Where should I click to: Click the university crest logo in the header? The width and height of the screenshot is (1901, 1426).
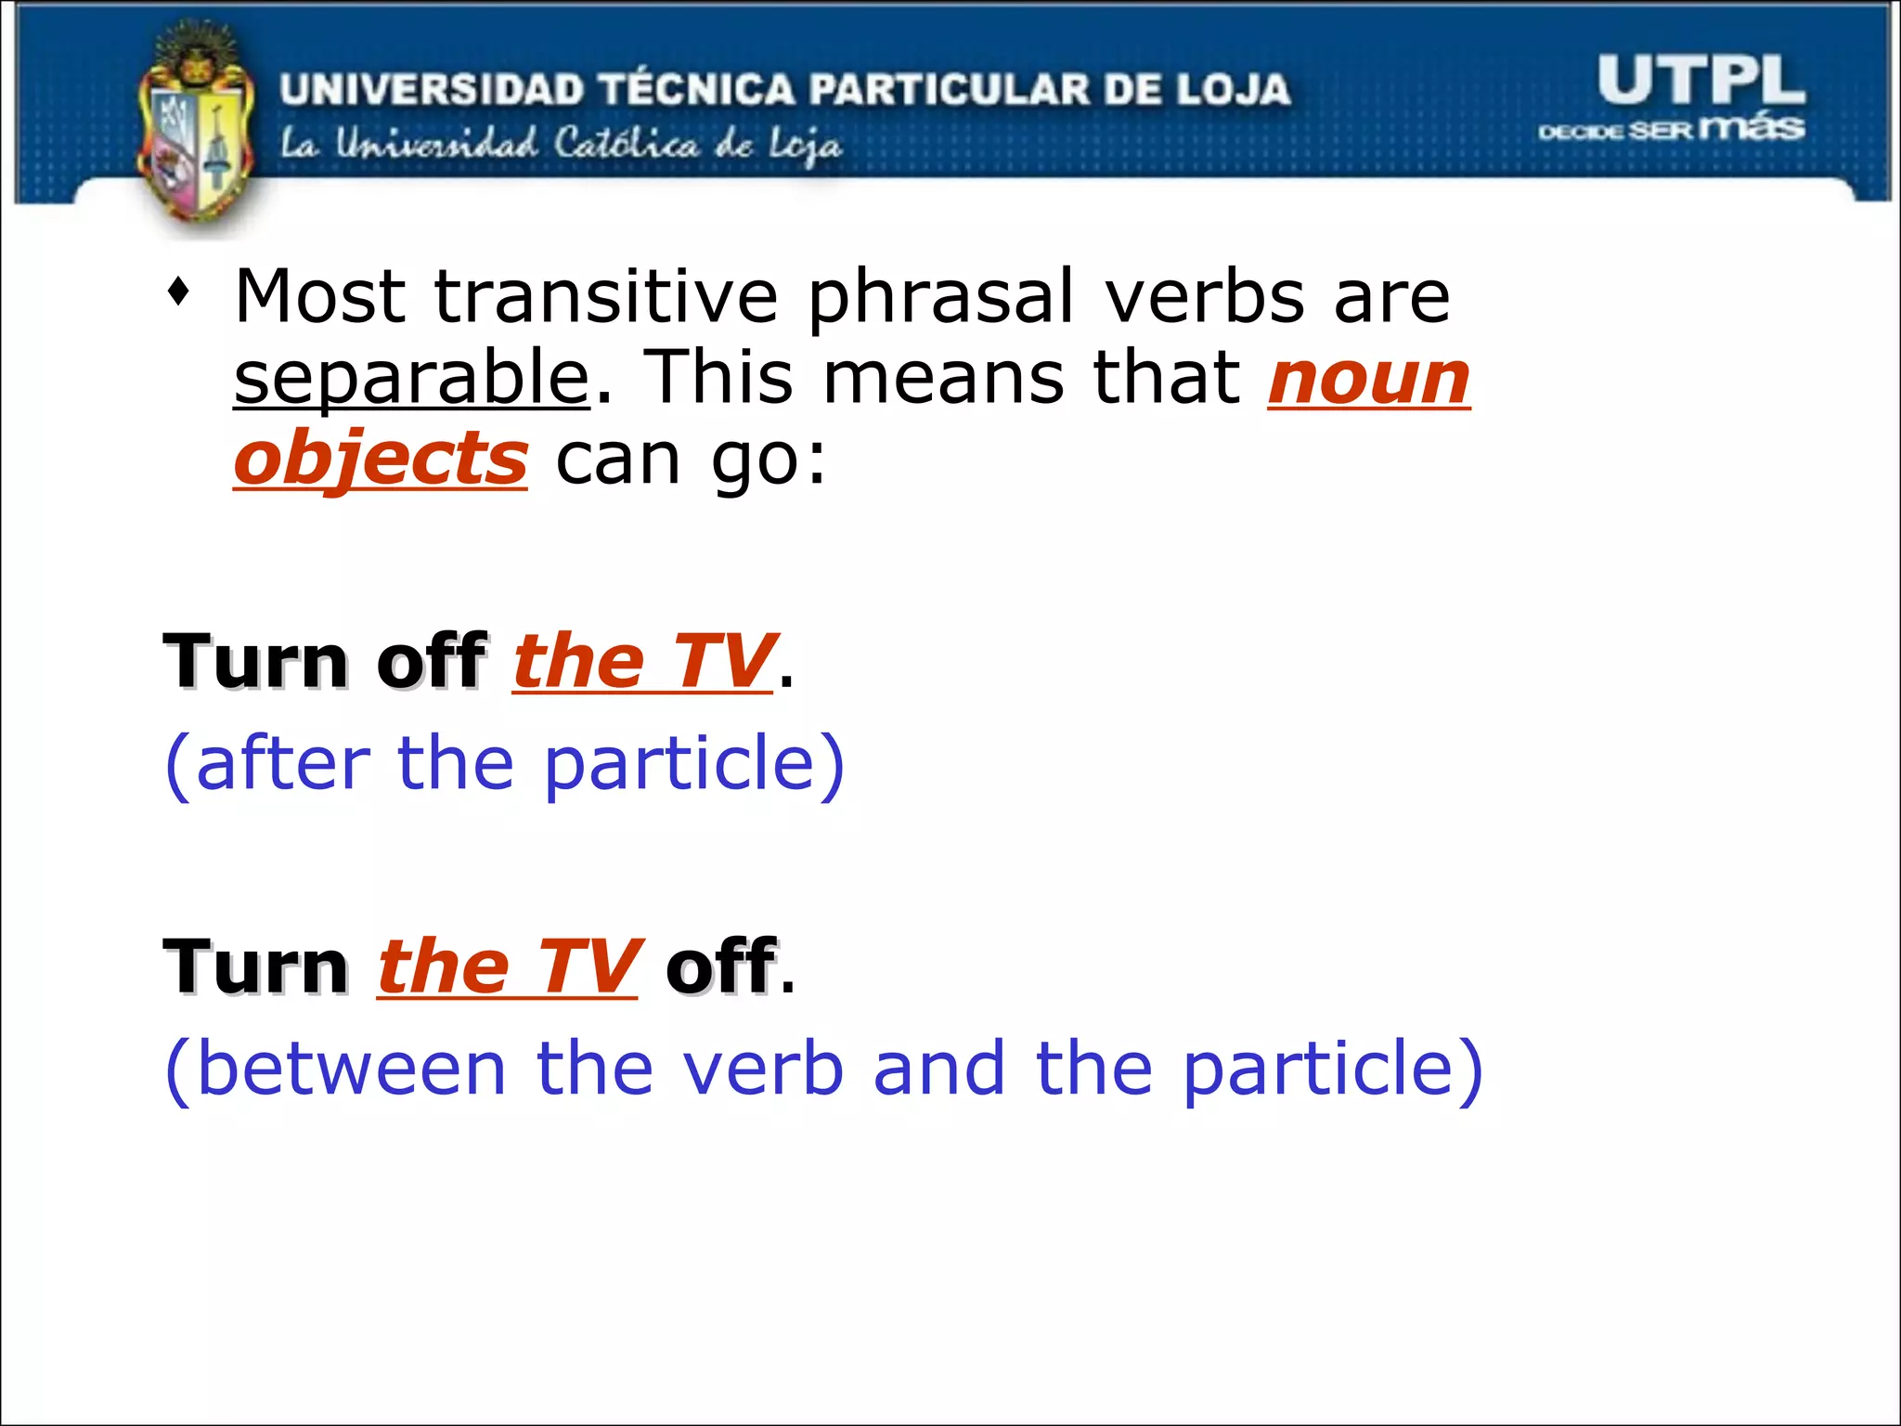coord(196,130)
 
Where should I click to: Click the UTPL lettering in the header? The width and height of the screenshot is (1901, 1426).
coord(1701,81)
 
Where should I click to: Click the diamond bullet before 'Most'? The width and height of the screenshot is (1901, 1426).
coord(179,294)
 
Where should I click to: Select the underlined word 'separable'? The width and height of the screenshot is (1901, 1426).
coord(411,378)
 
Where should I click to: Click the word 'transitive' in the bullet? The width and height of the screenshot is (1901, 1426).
coord(606,296)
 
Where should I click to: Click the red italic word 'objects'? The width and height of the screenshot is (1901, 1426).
coord(381,459)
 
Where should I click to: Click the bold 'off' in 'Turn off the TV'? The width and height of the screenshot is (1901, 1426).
coord(432,660)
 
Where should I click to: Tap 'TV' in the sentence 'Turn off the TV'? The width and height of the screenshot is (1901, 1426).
coord(722,660)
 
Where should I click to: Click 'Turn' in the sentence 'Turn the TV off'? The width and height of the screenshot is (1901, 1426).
coord(256,966)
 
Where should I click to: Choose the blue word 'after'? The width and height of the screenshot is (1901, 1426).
coord(283,763)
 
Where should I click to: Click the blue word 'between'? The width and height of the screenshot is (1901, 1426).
coord(352,1069)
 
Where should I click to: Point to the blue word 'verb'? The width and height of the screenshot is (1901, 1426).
coord(763,1069)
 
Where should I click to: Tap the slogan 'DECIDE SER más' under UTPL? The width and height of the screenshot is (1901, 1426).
coord(1671,128)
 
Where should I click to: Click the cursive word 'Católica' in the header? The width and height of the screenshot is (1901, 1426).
coord(627,144)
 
